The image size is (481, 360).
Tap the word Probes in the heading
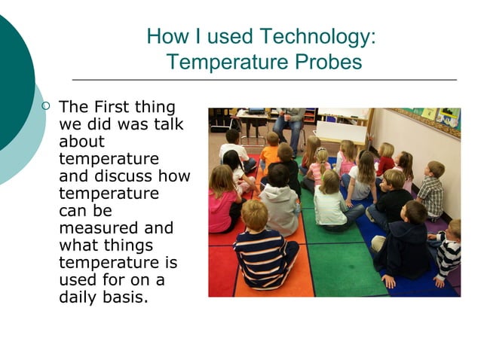[327, 62]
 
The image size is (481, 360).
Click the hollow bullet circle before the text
[47, 107]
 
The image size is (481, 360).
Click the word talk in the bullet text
[169, 124]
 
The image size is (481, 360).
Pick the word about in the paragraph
[81, 142]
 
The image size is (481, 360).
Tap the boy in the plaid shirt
[431, 189]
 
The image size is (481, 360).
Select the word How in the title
[161, 36]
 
